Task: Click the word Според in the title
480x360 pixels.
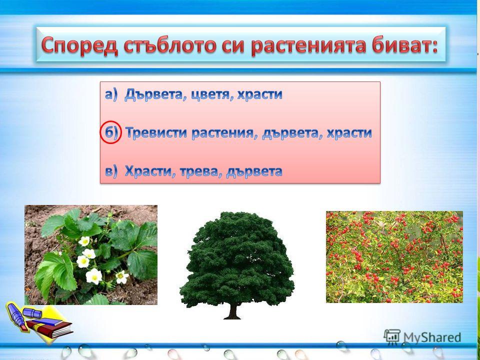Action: point(79,46)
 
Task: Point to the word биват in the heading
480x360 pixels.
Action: point(401,45)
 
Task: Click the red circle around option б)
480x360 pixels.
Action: point(110,134)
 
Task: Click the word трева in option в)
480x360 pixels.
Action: point(199,171)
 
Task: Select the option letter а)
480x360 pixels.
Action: point(111,95)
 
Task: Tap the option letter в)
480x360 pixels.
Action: point(111,171)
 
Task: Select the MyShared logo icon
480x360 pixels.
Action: point(391,336)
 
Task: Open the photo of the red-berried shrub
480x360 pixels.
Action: point(394,257)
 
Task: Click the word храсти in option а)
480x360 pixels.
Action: point(260,95)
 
